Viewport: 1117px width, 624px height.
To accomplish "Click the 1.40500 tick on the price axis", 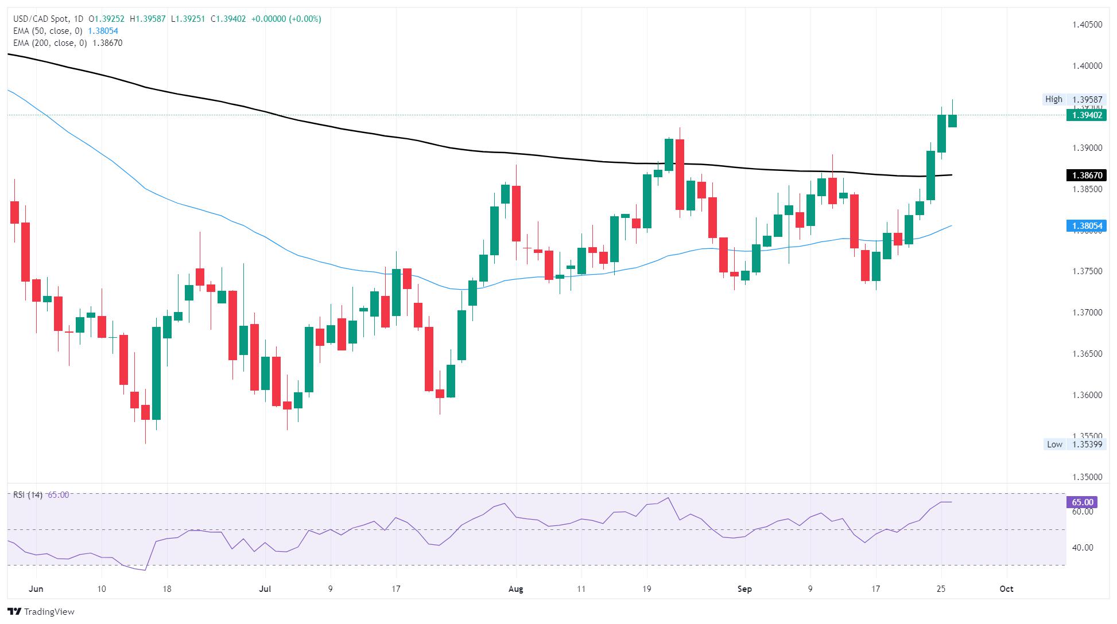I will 1086,25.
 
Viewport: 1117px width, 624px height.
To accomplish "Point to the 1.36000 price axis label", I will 1086,395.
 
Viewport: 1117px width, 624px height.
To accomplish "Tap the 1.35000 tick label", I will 1086,477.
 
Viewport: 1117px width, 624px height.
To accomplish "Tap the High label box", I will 1053,99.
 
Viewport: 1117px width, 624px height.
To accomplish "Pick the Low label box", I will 1054,444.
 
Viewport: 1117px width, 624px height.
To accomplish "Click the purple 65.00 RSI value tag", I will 1081,502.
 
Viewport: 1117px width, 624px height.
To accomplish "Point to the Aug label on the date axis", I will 515,589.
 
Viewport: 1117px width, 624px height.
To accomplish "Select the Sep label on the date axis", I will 745,589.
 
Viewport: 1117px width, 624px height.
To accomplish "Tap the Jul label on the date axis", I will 265,589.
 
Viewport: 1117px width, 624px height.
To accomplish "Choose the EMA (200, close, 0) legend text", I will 51,43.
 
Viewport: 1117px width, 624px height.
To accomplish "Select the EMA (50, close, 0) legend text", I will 49,31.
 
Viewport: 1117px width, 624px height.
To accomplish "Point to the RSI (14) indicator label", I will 28,495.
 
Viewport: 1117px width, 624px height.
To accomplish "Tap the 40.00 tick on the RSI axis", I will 1082,548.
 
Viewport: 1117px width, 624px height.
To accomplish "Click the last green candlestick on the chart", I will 952,120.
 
